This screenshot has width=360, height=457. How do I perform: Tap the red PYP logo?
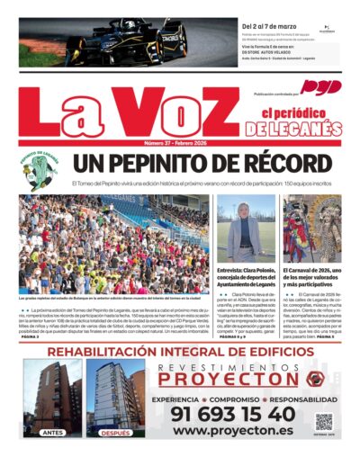pyautogui.click(x=321, y=87)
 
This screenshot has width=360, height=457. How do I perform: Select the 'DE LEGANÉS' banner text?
pyautogui.click(x=293, y=129)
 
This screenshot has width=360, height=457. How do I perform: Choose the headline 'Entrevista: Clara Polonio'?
pyautogui.click(x=246, y=270)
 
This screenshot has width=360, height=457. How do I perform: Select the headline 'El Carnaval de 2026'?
pyautogui.click(x=311, y=270)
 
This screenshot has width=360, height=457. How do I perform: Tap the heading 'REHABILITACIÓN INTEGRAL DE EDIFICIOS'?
pyautogui.click(x=180, y=351)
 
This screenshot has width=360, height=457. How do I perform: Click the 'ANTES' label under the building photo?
pyautogui.click(x=52, y=433)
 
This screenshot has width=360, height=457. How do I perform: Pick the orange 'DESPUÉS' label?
pyautogui.click(x=116, y=433)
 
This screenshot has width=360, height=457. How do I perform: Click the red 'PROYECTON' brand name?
pyautogui.click(x=230, y=379)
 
